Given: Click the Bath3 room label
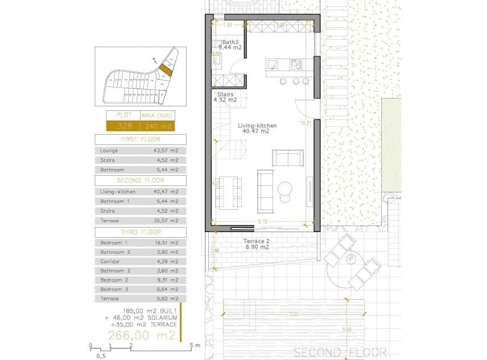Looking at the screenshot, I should click(230, 42).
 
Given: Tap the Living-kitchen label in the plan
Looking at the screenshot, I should click(257, 125).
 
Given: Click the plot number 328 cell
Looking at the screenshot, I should click(124, 126).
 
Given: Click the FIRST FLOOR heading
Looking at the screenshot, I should click(140, 139).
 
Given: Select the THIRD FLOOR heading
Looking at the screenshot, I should click(140, 232).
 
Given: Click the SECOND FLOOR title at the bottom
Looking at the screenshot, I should click(340, 352).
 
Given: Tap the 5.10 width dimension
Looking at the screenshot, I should click(262, 221).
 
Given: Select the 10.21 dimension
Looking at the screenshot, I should click(306, 122).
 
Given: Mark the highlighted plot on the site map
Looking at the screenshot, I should click(164, 70).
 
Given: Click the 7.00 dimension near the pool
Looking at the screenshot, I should click(293, 315).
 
